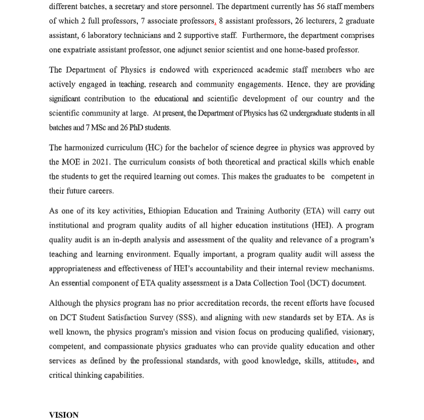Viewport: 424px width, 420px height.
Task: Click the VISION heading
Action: click(64, 415)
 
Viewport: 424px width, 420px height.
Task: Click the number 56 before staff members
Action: click(310, 6)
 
